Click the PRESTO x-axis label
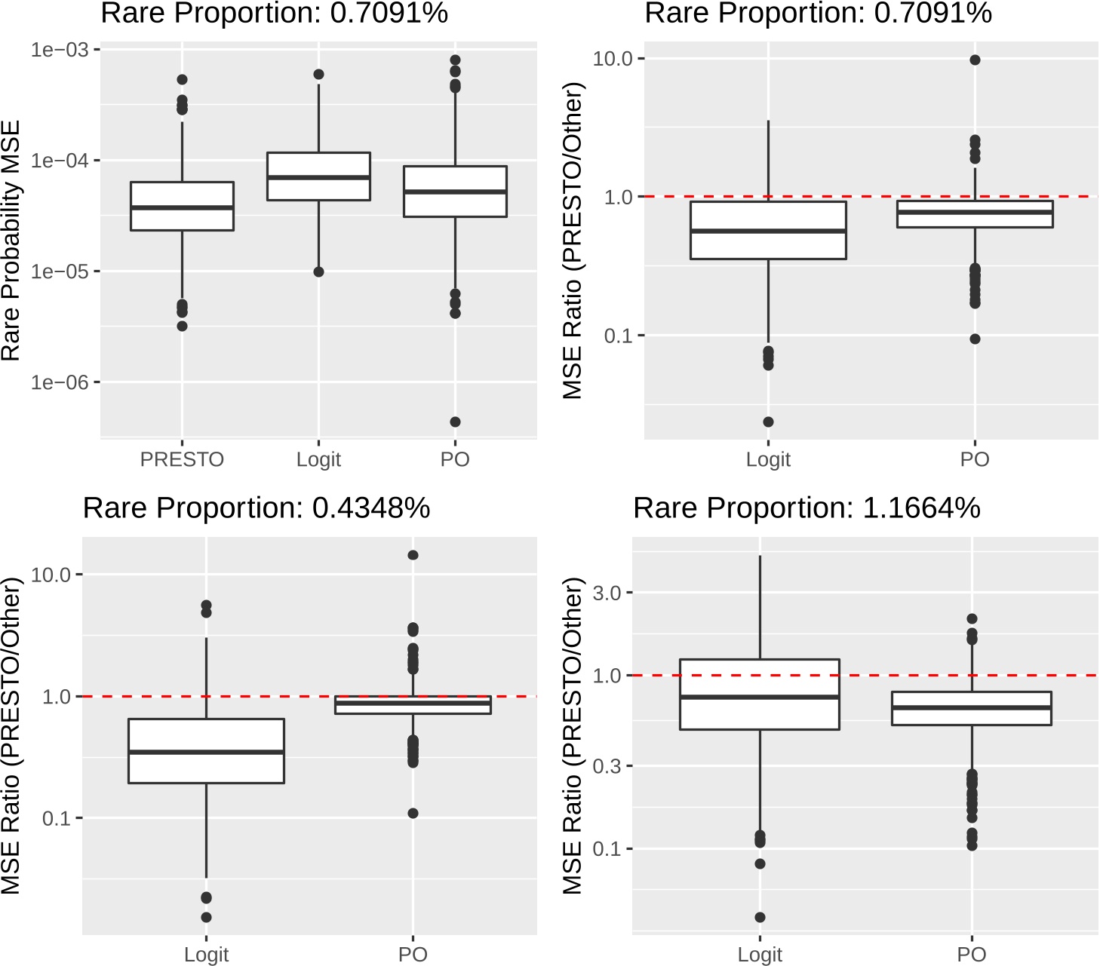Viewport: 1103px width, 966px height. (182, 459)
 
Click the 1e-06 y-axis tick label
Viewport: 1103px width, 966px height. (60, 382)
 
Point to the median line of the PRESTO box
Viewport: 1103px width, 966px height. (182, 207)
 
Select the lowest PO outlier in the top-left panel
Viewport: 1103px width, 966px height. (455, 422)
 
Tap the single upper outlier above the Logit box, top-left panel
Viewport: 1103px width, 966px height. (318, 74)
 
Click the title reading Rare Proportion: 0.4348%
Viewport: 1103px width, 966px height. (256, 508)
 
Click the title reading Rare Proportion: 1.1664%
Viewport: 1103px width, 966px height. (806, 508)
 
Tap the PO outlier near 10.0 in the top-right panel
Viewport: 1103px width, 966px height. (975, 60)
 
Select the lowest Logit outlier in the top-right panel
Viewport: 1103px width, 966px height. (768, 422)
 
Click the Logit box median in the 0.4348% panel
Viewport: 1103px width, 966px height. (206, 752)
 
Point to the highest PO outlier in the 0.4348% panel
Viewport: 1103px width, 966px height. (413, 555)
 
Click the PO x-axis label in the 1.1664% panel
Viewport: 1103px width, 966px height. (971, 955)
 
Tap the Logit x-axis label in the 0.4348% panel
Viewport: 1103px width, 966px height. (206, 955)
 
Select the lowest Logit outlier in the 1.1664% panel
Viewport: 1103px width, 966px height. (760, 917)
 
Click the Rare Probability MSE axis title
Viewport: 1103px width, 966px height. (11, 241)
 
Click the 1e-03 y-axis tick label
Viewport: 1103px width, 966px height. (60, 50)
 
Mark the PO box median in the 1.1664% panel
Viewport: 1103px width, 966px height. (971, 707)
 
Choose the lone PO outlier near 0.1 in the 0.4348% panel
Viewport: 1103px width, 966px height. (413, 813)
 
